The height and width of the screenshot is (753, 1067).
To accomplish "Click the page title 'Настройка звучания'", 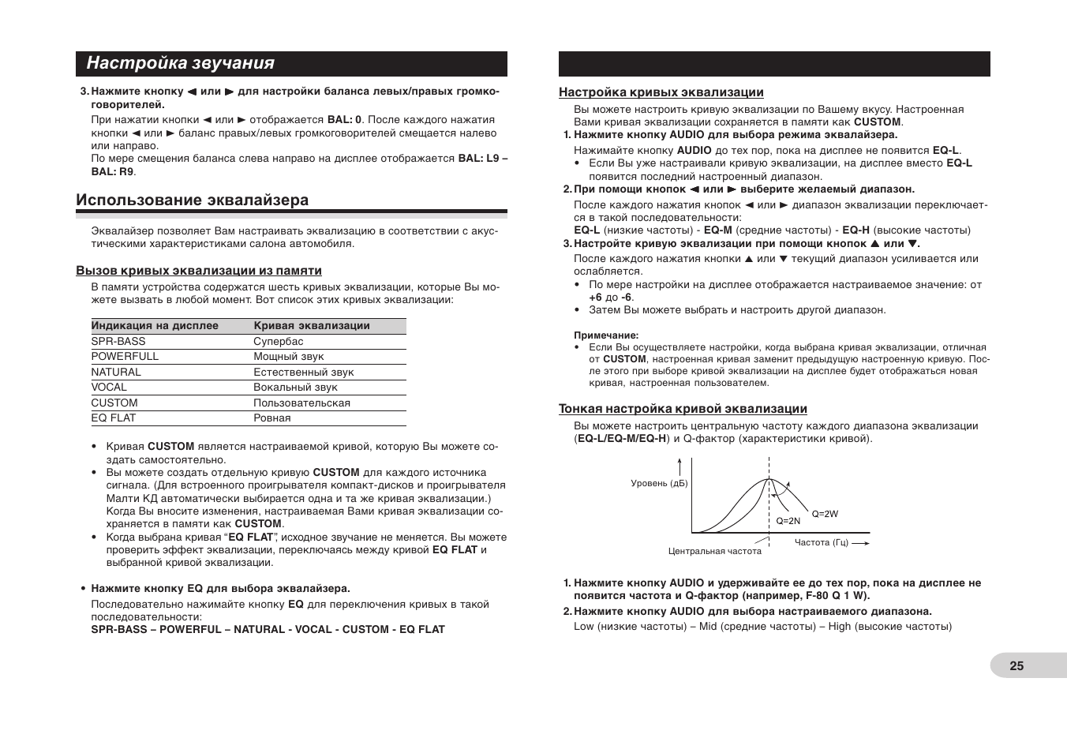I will coord(181,63).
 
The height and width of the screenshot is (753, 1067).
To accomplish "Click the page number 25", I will coord(1016,665).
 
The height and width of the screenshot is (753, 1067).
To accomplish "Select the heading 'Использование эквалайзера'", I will coord(192,200).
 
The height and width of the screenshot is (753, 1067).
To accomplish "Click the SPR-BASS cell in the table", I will coord(118,342).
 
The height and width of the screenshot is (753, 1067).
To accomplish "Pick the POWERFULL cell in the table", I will coord(125,357).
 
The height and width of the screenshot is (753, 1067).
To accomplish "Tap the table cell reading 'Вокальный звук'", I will coord(295,388).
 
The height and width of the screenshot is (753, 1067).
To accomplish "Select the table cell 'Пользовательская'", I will coord(301,403).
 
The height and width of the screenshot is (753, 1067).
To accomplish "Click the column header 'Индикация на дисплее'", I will coord(155,326).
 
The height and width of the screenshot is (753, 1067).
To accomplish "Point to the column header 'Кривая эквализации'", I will coord(311,326).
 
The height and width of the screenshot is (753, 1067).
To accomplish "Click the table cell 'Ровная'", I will coord(272,418).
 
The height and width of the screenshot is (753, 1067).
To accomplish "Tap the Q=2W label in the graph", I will coord(825,514).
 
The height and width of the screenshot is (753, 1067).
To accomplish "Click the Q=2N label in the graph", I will coord(788,521).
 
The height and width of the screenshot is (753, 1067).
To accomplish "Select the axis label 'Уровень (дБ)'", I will coord(659,483).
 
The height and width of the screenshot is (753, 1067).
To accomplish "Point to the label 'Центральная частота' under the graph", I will coord(714,552).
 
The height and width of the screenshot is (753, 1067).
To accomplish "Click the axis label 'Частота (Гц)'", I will coord(821,542).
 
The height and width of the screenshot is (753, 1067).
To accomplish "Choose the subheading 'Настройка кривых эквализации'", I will coord(661,92).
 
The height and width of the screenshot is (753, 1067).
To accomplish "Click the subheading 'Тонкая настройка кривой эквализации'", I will coord(683,409).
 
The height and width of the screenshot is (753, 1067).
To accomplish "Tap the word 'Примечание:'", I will coord(606,335).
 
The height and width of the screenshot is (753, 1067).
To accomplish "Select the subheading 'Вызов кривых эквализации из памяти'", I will coord(198,271).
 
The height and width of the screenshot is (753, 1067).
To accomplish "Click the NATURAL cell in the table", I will coord(116,373).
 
